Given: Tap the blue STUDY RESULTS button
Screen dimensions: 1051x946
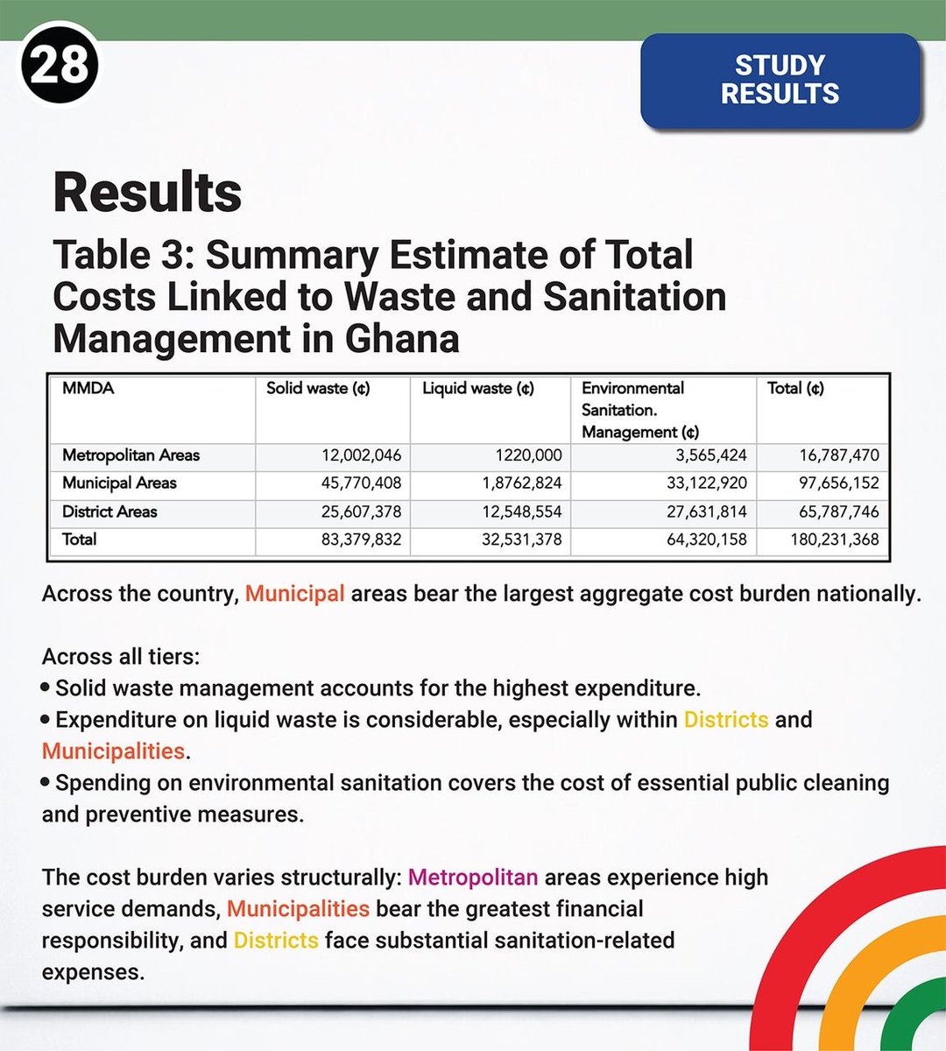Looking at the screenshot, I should coord(780,80).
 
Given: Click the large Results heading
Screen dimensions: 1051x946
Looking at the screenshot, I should coord(147,193).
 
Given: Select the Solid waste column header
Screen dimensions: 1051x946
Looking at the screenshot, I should coord(318,388).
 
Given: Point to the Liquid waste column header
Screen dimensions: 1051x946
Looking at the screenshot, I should coord(477,388).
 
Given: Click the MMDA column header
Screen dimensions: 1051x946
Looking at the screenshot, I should coord(88,388).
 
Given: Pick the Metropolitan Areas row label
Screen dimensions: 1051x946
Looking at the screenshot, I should coord(131,455).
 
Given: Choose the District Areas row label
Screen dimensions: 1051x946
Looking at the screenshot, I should coord(109,511).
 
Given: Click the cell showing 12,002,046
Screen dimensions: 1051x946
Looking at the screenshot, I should coord(361,455).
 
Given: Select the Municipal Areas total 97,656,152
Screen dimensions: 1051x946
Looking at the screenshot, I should coord(838,483).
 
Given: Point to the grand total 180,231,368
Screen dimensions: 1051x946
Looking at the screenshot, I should coord(834,540).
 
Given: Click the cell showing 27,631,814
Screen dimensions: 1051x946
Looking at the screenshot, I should coord(706,511).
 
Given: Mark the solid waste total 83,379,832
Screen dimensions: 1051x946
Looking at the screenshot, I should coord(361,540).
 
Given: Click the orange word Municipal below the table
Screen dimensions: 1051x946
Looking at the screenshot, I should coord(294,594).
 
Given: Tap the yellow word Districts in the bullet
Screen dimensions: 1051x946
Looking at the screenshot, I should coord(725,720).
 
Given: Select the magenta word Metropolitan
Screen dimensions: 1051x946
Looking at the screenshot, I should coord(473,877).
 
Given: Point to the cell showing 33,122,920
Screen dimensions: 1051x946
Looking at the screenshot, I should coord(706,483).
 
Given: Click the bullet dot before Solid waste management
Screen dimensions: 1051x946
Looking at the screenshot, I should coord(46,688).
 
